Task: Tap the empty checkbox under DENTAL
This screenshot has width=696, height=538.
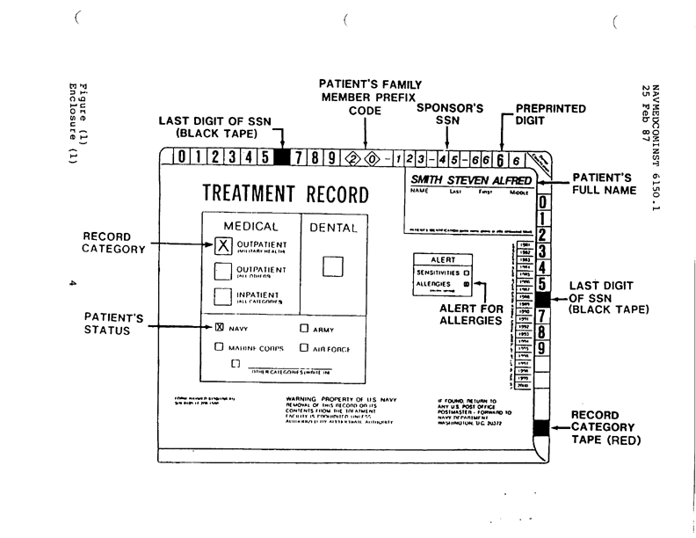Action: pos(332,265)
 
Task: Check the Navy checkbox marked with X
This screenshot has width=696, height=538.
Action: pos(220,328)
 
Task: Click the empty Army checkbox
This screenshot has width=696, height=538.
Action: pos(303,329)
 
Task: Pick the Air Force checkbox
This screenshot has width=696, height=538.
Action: pos(303,347)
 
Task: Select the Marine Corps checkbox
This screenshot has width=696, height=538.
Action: pos(220,346)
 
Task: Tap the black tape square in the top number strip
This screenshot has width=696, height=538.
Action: pos(283,158)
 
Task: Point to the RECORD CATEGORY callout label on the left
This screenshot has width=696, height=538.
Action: pos(112,243)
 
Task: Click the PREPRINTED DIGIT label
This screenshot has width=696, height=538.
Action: pos(551,114)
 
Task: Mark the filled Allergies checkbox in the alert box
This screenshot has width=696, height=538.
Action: pos(467,285)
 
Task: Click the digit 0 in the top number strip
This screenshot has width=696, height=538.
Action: pos(180,158)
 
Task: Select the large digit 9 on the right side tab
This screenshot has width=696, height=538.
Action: pos(542,349)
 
